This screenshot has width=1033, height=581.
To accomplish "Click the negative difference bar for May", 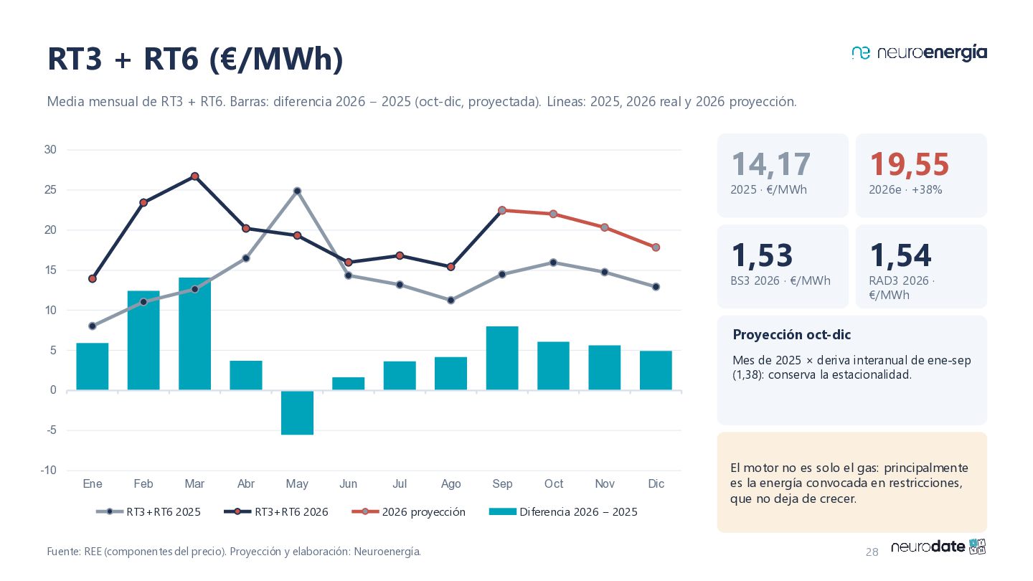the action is (x=297, y=412).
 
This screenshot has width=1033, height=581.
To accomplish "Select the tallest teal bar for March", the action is (x=194, y=334).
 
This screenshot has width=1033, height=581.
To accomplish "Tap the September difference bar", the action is (x=502, y=359).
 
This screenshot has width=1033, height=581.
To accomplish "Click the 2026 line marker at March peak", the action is (x=194, y=176).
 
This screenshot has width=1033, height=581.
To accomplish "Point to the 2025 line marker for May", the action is (x=298, y=191).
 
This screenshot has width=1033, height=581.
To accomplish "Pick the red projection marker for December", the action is (x=656, y=247).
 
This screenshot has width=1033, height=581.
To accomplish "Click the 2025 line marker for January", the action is (x=93, y=326).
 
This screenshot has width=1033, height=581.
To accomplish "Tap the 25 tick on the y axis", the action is (x=50, y=190).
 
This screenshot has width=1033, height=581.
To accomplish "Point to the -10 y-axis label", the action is (x=49, y=471).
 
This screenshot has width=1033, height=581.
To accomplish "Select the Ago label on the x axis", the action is (x=451, y=483).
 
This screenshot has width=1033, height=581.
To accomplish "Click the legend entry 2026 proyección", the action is (x=409, y=512).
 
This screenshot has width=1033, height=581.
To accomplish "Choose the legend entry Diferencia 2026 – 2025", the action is (x=563, y=512).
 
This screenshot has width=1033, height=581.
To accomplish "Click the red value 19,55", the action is (x=910, y=165).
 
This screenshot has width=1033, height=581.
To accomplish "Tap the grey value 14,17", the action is (x=771, y=165).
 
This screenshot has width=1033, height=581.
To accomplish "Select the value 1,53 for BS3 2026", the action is (x=763, y=255).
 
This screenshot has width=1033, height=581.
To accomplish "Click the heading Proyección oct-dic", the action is (x=792, y=335).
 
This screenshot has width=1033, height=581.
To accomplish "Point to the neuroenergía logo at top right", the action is (x=919, y=54).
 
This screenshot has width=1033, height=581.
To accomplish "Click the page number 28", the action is (x=872, y=552).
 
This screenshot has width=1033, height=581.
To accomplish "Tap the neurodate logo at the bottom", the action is (x=938, y=547).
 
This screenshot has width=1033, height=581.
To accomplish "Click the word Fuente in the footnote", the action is (x=64, y=552).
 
